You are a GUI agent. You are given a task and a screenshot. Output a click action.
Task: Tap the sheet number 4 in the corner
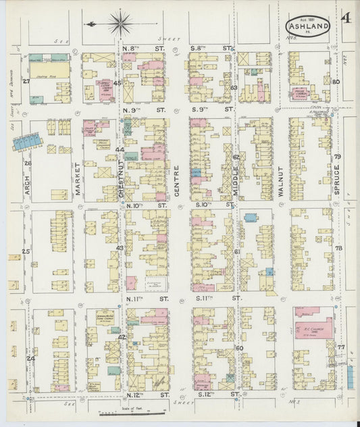346,18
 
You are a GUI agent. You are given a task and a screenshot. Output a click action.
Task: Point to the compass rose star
120,24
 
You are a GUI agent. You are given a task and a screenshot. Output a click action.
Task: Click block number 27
26,81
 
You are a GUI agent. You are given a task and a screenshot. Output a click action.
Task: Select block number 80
336,82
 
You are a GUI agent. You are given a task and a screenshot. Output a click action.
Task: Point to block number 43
120,248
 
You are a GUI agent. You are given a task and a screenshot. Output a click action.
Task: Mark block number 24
30,358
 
